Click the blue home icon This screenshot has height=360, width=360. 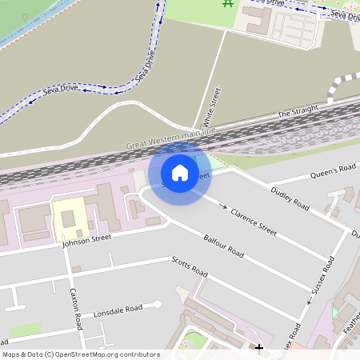180,172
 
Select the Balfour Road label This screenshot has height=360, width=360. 223,246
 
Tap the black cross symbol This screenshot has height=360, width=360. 258,348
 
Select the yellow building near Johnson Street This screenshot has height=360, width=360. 66,215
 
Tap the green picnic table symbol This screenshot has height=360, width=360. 228,3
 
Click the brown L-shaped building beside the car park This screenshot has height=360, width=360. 258,21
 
